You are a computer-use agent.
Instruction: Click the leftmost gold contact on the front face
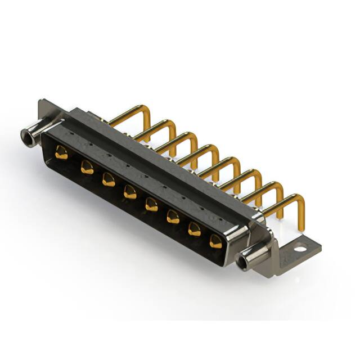click(x=61, y=152)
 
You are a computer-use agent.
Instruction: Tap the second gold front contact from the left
click(x=87, y=166)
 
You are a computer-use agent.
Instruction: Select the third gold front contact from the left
click(x=109, y=180)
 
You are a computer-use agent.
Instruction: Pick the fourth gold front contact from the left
click(x=130, y=192)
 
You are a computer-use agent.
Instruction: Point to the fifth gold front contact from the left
click(x=151, y=204)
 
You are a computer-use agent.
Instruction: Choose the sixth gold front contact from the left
click(x=173, y=217)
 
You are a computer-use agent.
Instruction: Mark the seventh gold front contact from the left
click(x=195, y=229)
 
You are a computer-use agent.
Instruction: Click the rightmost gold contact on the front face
click(x=216, y=242)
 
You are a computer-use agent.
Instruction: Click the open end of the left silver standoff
click(x=25, y=135)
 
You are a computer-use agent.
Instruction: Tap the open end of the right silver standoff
click(x=244, y=262)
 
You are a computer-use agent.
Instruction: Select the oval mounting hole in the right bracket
click(x=300, y=246)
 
